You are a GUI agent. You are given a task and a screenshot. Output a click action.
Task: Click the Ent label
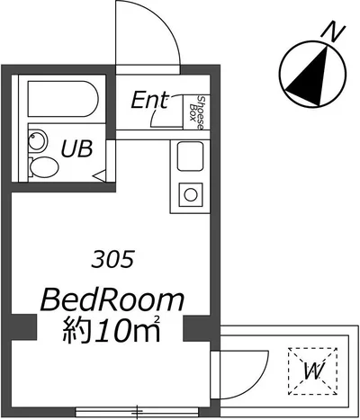click(x=149, y=101)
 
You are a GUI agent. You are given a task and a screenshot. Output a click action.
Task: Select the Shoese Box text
click(x=197, y=112)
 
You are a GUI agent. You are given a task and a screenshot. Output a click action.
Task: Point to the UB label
click(x=76, y=149)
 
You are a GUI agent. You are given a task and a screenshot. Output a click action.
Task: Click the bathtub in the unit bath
click(x=63, y=100)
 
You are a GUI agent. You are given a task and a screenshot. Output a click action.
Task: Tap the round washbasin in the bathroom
click(x=38, y=140)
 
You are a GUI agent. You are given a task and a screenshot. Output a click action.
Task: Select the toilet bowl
click(x=43, y=167)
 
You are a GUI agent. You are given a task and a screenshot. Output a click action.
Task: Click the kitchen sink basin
click(x=190, y=156)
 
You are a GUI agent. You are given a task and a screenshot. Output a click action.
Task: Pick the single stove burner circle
click(x=191, y=195)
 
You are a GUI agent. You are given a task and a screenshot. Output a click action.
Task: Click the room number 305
click(x=112, y=259)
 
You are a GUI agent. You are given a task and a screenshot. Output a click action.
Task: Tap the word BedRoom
click(x=112, y=300)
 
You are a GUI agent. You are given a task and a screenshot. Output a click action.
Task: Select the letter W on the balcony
click(x=312, y=371)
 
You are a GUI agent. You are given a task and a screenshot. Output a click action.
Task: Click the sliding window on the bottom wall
click(x=138, y=412)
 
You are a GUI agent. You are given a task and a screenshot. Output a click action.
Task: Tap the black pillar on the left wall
click(x=24, y=327)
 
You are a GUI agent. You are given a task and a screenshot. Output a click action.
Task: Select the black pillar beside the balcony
click(x=197, y=328)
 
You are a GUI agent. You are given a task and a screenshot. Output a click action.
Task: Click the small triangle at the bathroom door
click(x=100, y=175)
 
